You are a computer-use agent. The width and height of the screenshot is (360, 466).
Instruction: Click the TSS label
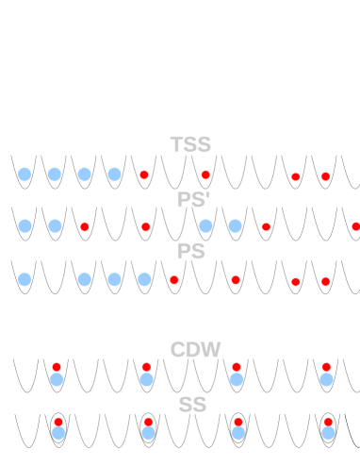tap(189, 144)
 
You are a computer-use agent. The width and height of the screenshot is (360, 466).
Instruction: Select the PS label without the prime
tap(190, 253)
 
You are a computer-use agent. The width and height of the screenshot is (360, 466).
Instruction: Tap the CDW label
tap(195, 350)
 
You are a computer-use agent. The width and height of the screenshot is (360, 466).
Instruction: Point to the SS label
tap(192, 405)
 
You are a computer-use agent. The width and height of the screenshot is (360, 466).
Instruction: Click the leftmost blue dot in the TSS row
tap(25, 175)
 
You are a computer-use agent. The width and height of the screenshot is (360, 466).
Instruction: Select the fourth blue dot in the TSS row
tap(114, 175)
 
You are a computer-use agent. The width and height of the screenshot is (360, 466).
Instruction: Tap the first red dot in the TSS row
tap(144, 175)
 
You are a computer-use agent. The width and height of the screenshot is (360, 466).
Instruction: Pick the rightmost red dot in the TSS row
tap(325, 176)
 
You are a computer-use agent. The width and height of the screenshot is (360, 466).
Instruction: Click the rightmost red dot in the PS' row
tap(355, 226)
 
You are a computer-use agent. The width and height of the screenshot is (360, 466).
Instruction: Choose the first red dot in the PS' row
tap(85, 226)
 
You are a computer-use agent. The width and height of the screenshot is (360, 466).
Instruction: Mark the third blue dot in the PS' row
tap(205, 225)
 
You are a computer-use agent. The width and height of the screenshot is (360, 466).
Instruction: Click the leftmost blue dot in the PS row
tap(25, 279)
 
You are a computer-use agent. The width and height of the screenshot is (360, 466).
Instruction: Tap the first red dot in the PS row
tap(174, 279)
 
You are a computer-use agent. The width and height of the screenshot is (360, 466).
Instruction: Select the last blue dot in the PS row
tap(144, 279)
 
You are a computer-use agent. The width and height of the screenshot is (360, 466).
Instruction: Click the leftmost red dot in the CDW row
tap(56, 366)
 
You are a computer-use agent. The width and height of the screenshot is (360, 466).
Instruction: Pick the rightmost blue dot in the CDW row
tap(326, 379)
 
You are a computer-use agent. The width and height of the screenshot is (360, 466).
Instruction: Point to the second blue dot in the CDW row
tap(146, 379)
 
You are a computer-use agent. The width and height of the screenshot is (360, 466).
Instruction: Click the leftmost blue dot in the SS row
tap(58, 433)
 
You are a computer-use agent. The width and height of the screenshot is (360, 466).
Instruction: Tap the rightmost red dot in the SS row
tap(328, 421)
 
